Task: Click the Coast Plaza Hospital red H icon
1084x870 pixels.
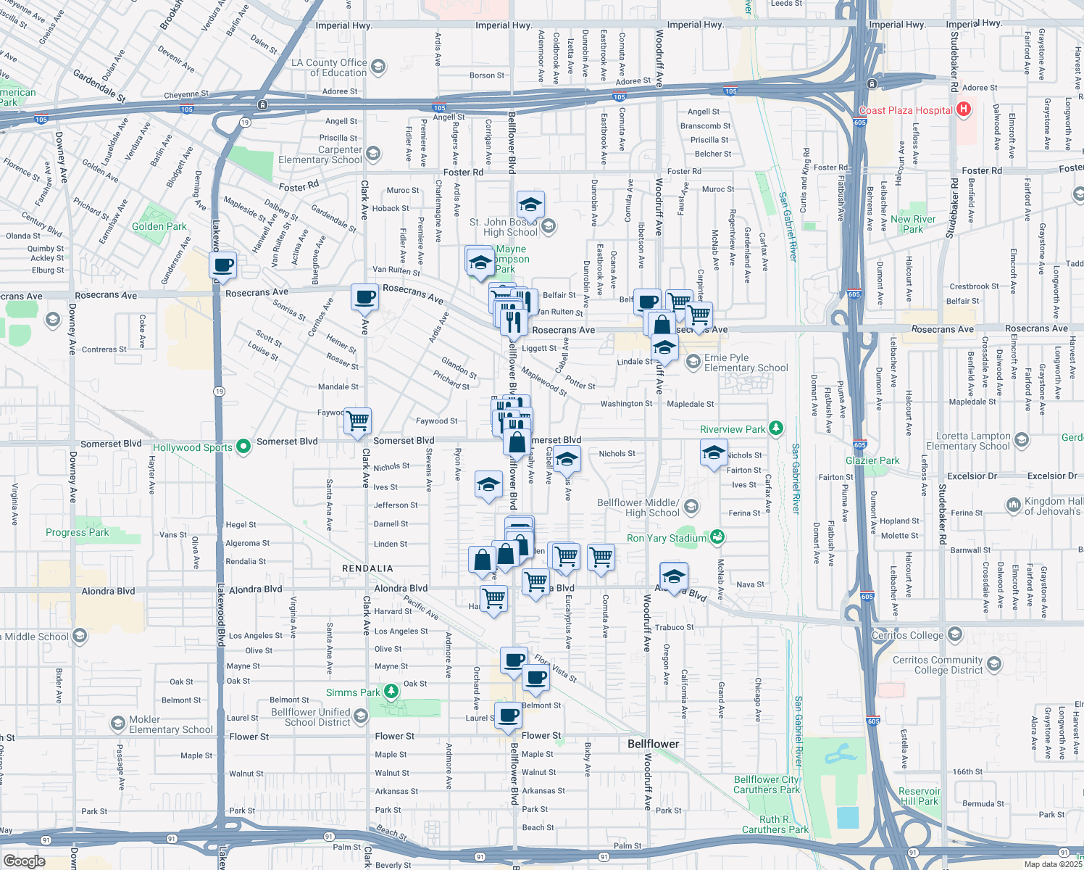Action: point(963,110)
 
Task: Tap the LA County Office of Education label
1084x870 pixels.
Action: point(329,67)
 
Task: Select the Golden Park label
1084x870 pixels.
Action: point(159,226)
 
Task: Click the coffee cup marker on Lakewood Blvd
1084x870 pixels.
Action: point(223,265)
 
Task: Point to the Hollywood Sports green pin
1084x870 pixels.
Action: point(243,446)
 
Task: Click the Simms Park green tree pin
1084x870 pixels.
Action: point(391,691)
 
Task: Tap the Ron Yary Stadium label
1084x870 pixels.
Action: point(666,538)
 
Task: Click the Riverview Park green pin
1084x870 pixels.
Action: point(776,428)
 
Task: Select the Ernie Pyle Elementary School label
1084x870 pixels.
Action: point(746,362)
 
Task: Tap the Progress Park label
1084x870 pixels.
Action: point(77,532)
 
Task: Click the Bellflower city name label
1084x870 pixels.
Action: point(653,744)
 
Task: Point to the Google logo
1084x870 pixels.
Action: point(24,861)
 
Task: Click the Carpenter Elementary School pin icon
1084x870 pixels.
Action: point(373,154)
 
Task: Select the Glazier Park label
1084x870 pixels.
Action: point(872,460)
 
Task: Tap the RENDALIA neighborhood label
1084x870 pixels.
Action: point(367,568)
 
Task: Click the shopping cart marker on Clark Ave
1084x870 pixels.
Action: point(358,420)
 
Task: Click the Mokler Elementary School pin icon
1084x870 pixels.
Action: point(117,723)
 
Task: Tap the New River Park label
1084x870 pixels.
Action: point(912,224)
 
